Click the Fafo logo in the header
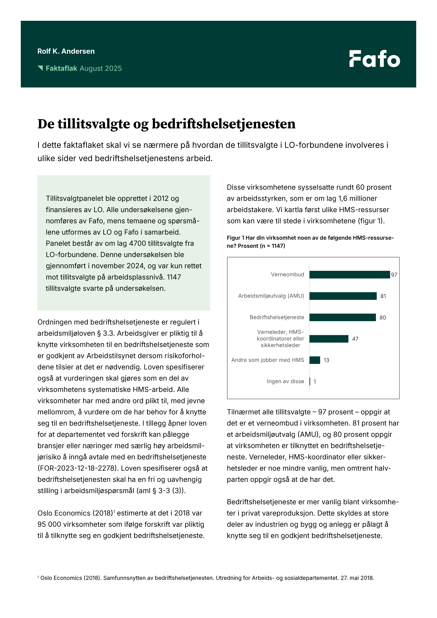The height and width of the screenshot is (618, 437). click(x=375, y=59)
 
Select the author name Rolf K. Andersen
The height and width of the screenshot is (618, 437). click(x=66, y=51)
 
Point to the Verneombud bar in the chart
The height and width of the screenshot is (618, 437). click(x=349, y=275)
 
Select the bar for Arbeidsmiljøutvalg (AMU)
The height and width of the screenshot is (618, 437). click(x=343, y=296)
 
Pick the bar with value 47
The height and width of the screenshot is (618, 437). click(x=329, y=339)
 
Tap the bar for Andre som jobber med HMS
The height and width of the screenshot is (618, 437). click(x=314, y=360)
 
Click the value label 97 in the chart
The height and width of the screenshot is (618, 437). click(x=394, y=275)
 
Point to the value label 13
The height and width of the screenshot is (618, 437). click(x=326, y=360)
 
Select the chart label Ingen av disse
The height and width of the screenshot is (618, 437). click(x=285, y=381)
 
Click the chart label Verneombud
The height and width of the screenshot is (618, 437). click(x=287, y=275)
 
